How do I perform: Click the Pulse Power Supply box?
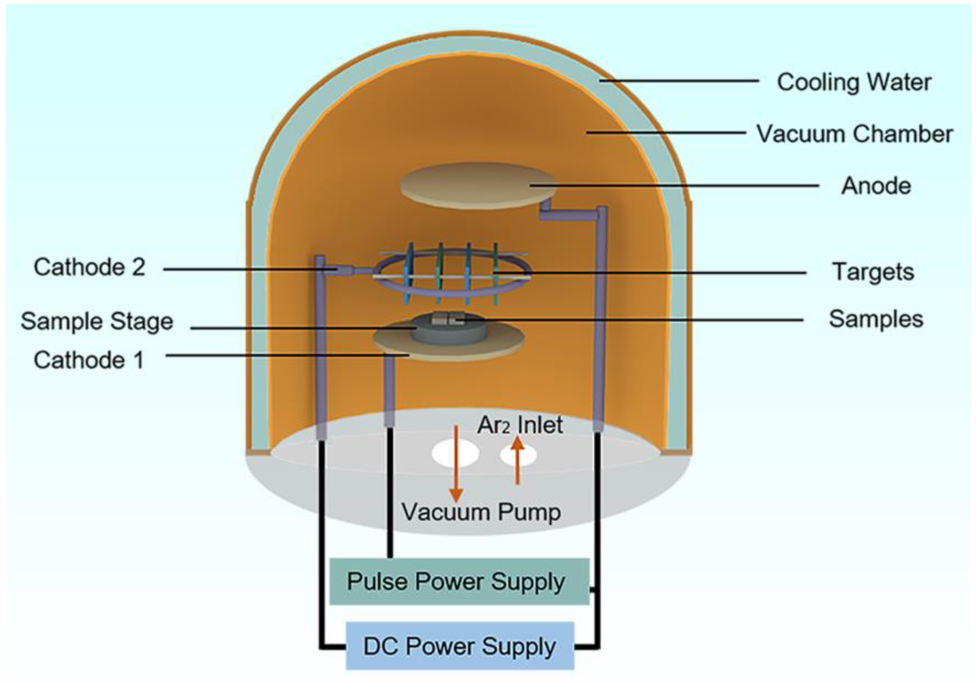pyautogui.click(x=459, y=582)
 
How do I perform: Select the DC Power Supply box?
pyautogui.click(x=459, y=646)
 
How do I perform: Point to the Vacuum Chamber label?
pyautogui.click(x=855, y=134)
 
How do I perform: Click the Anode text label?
pyautogui.click(x=876, y=186)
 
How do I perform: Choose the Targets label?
pyautogui.click(x=873, y=272)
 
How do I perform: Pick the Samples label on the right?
pyautogui.click(x=876, y=319)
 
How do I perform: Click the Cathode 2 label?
pyautogui.click(x=89, y=267)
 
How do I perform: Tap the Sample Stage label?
pyautogui.click(x=97, y=321)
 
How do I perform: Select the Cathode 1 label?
pyautogui.click(x=89, y=360)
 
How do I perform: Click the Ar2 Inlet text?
pyautogui.click(x=519, y=425)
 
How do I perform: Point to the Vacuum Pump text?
pyautogui.click(x=481, y=512)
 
